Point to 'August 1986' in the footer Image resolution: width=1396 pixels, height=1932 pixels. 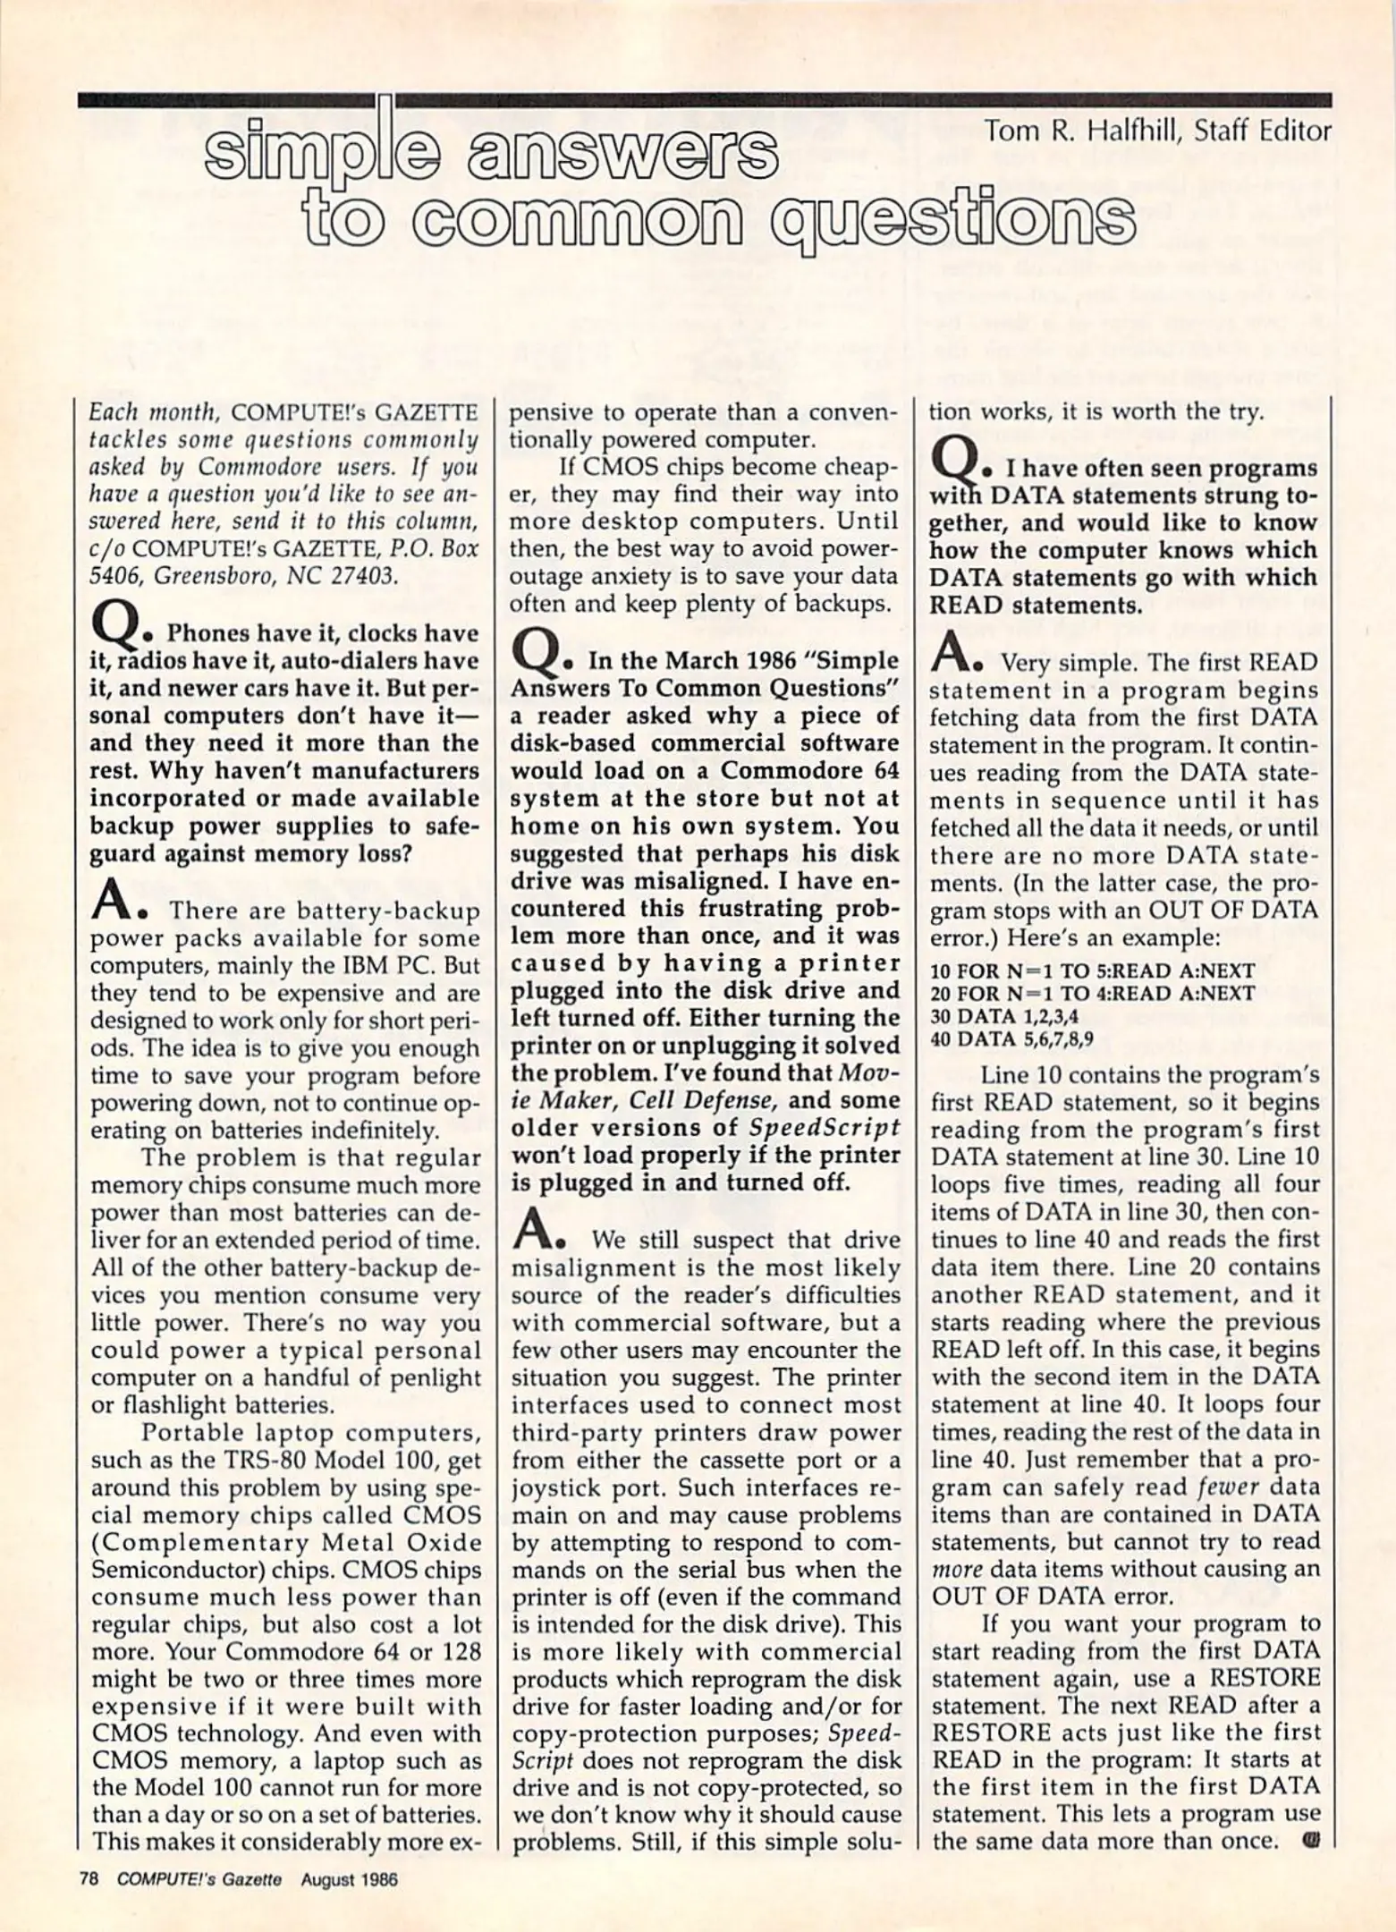point(349,1879)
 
